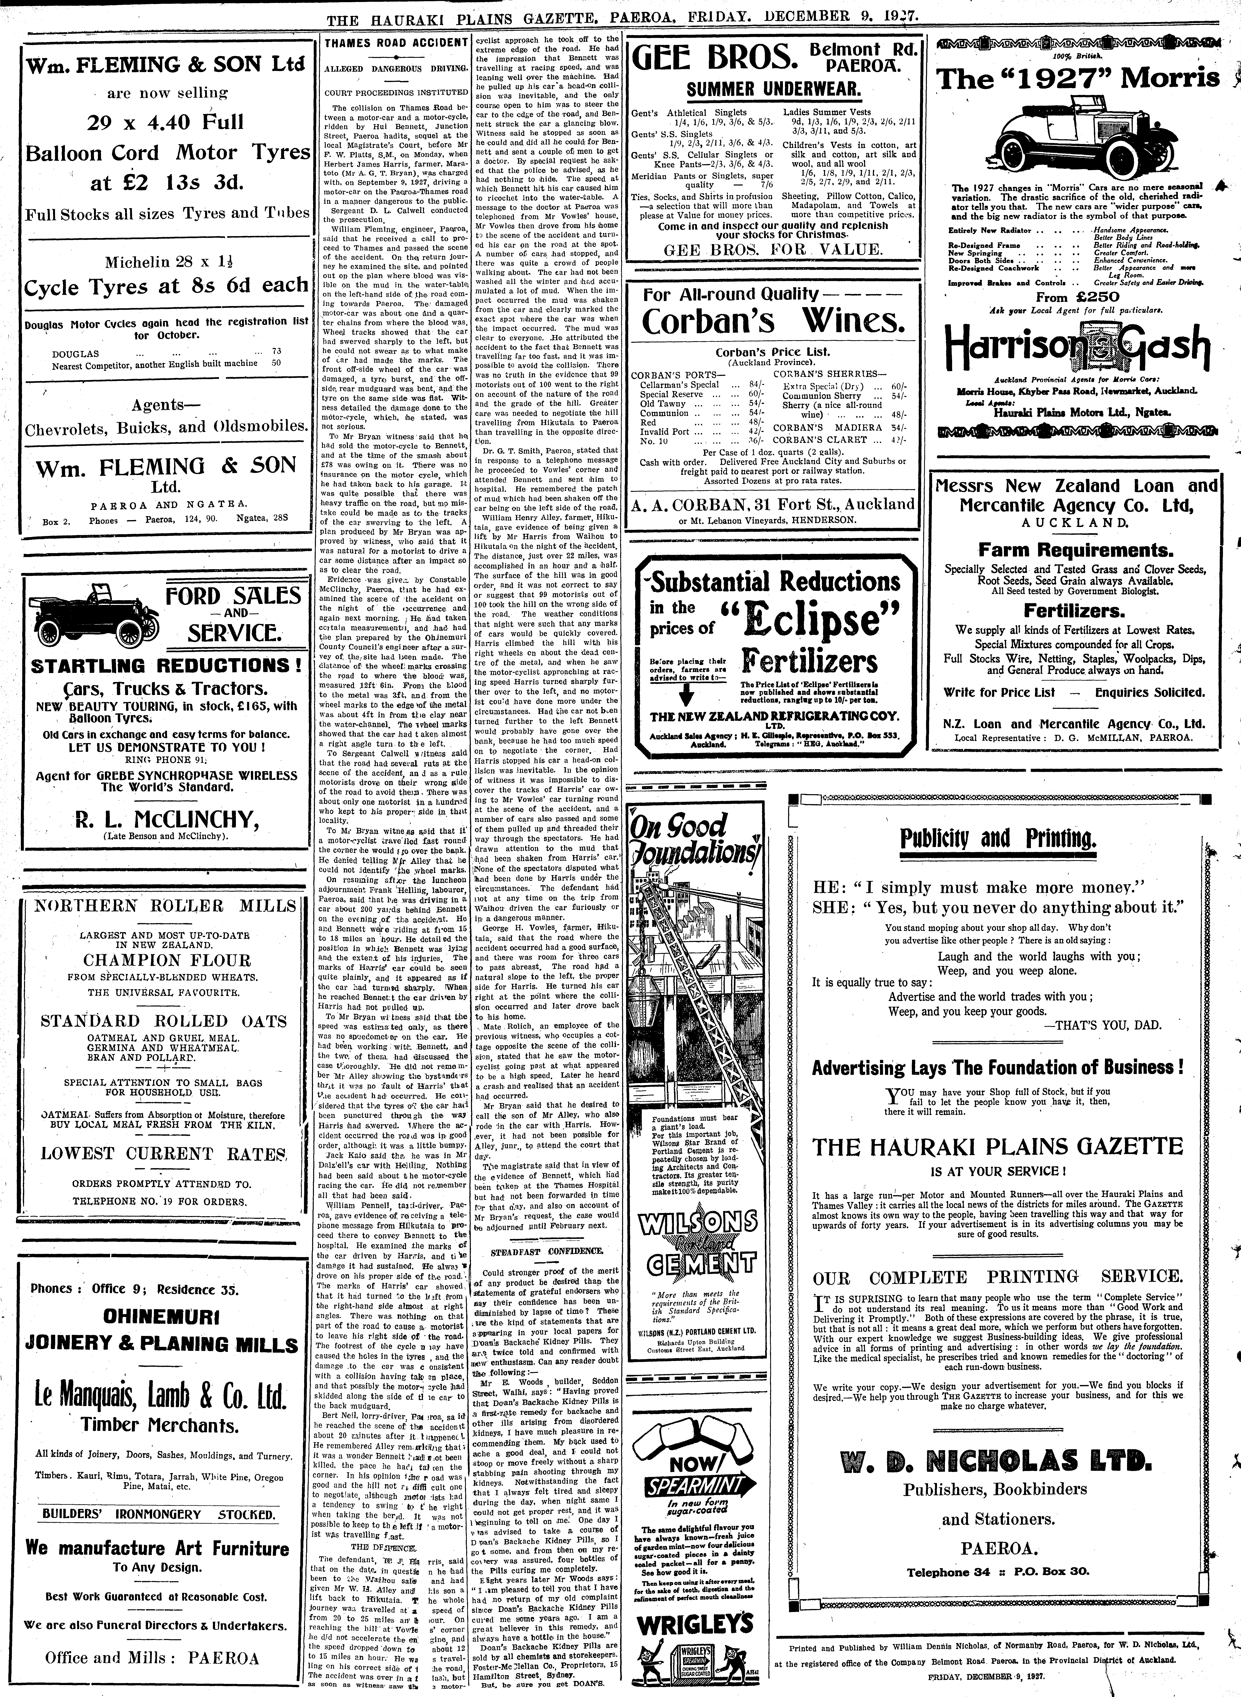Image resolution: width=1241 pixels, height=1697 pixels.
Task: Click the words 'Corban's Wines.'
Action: point(774,322)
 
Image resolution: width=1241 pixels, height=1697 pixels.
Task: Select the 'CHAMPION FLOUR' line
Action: point(167,960)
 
